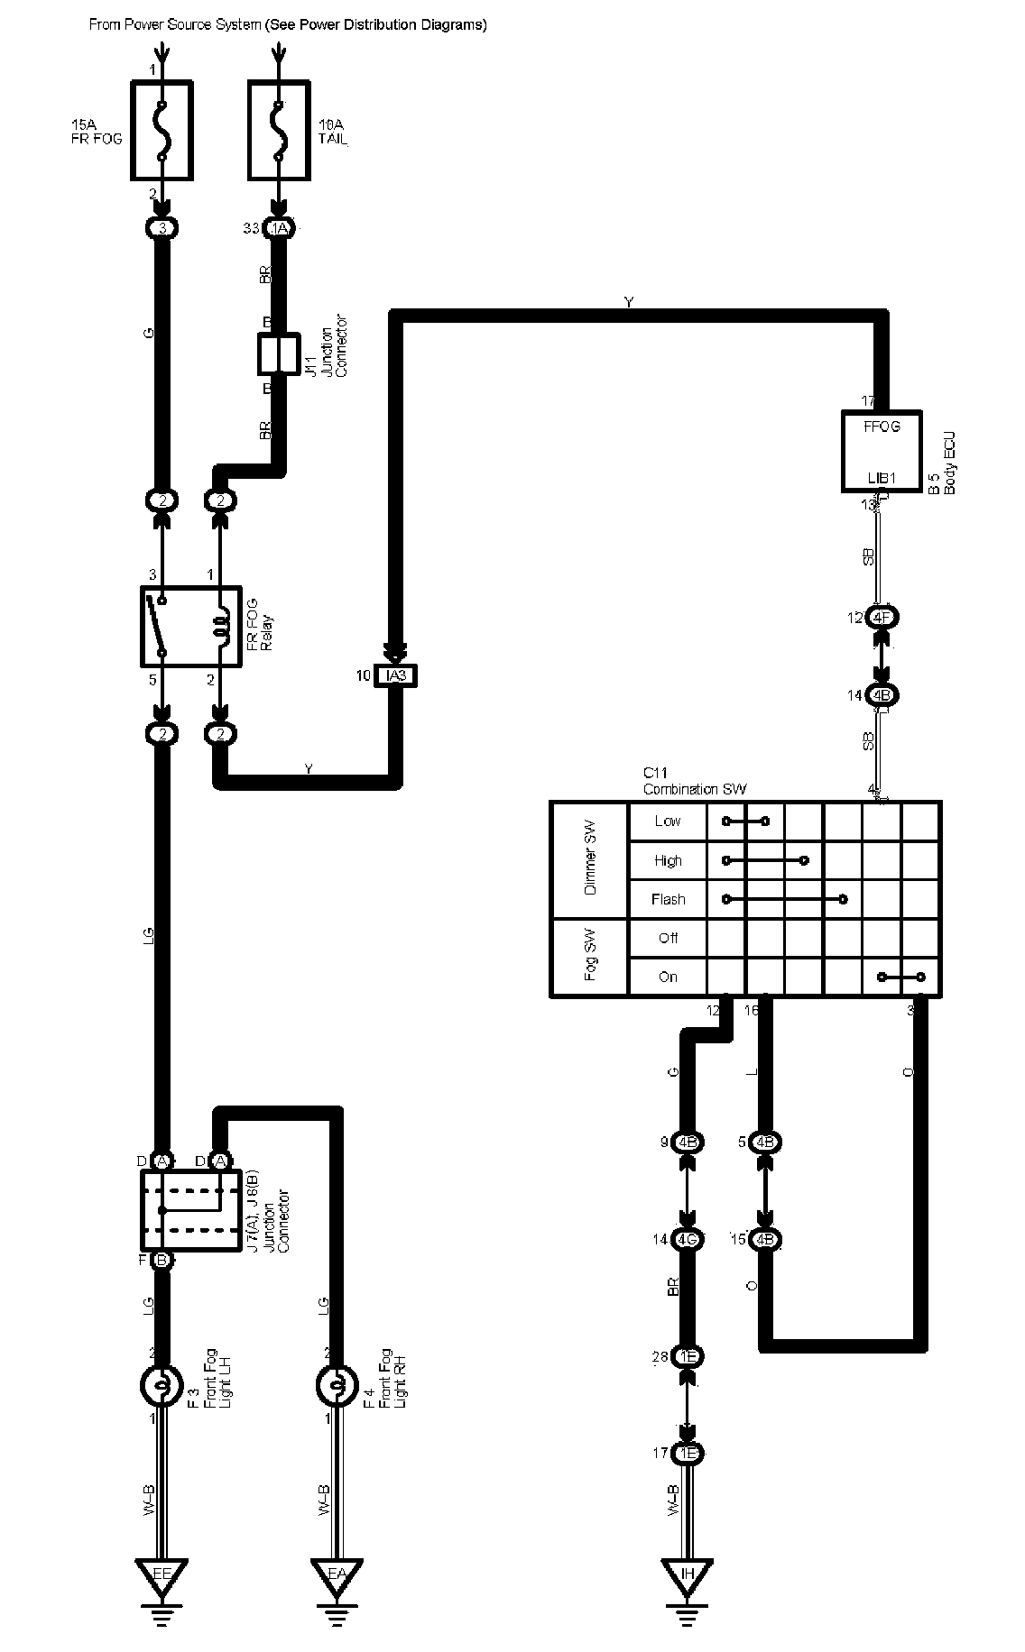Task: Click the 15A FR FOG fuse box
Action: (x=162, y=130)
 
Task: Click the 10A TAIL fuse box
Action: (x=279, y=130)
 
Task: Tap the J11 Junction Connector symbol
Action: (x=278, y=354)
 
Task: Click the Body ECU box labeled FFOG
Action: (x=882, y=451)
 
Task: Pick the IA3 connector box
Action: (x=395, y=675)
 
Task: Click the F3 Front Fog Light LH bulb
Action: (x=162, y=1386)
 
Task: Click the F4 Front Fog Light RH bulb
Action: (x=336, y=1386)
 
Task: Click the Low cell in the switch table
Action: (x=668, y=821)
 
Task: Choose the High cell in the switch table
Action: (x=668, y=861)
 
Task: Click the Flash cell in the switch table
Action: (x=668, y=900)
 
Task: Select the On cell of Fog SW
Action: (x=668, y=977)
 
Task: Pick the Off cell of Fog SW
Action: (x=668, y=939)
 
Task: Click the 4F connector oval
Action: (x=882, y=618)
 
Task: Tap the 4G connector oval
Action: (x=688, y=1240)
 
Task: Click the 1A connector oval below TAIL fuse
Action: (x=279, y=229)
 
